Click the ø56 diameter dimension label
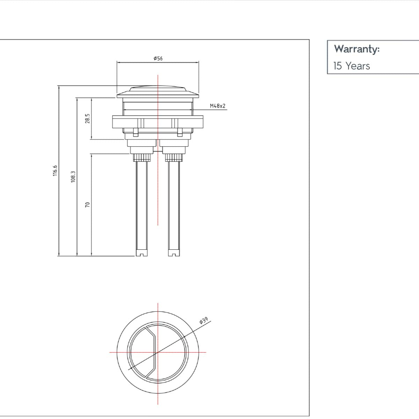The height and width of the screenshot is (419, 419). [158, 58]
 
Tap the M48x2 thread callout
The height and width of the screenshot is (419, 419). [218, 106]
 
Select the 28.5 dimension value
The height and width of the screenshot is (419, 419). [88, 118]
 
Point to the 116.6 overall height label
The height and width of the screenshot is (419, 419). [55, 171]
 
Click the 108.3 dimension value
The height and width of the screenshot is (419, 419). [73, 177]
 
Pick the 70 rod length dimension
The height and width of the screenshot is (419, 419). [88, 205]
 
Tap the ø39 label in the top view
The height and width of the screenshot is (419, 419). [204, 321]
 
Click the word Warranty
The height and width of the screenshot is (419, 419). [356, 49]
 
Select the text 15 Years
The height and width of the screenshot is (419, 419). [352, 66]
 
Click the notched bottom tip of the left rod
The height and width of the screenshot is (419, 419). [141, 253]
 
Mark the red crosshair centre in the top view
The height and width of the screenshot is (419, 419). [158, 352]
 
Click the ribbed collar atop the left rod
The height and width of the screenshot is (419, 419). [142, 157]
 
